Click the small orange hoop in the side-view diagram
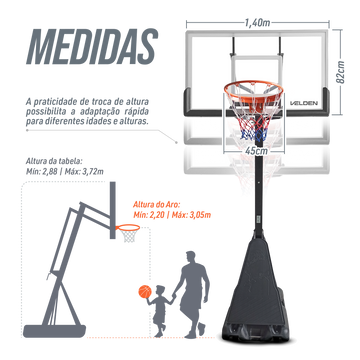pyautogui.click(x=128, y=228)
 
